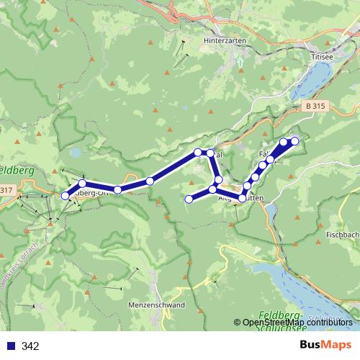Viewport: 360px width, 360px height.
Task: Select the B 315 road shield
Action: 312,107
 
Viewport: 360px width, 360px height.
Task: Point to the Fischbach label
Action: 342,235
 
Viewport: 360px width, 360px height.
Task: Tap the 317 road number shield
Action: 6,190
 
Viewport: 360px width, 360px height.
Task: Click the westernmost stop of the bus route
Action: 66,195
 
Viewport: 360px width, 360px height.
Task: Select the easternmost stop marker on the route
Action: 294,141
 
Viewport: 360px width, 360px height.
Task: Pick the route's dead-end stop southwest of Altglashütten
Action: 189,199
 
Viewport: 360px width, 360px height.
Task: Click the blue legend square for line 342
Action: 10,346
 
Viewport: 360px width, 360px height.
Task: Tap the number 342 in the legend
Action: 30,346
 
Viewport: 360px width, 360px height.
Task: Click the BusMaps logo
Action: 322,346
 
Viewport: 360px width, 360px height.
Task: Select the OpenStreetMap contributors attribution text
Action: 302,323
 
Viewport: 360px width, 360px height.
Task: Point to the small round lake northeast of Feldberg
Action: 76,153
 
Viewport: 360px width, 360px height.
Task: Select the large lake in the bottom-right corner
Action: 302,284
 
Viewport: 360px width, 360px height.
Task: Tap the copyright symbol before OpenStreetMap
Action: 237,323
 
